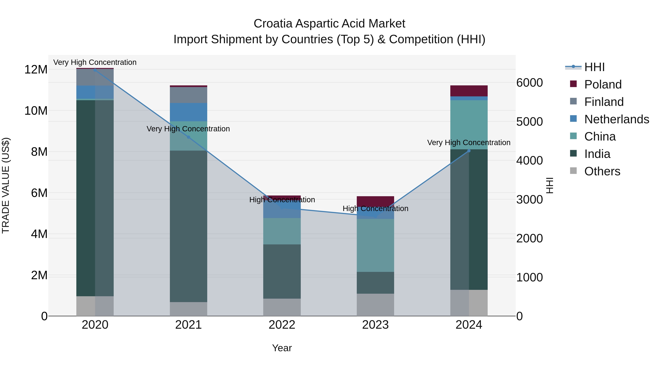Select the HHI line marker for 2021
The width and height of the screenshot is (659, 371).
tap(189, 137)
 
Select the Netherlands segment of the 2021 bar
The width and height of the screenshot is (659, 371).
tap(189, 112)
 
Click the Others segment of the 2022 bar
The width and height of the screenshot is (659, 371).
tap(282, 307)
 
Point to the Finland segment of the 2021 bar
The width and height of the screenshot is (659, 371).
tap(189, 95)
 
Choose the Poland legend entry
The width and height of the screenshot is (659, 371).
tap(603, 84)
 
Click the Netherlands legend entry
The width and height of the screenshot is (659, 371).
tap(617, 119)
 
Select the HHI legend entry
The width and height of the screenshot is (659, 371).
tap(594, 67)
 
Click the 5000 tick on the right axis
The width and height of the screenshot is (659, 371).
tap(529, 122)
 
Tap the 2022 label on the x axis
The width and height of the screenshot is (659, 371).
tap(282, 325)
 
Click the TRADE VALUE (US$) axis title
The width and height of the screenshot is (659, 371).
tap(6, 185)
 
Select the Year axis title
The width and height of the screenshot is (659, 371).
tap(282, 348)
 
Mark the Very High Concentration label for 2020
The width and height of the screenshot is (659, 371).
tap(95, 62)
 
